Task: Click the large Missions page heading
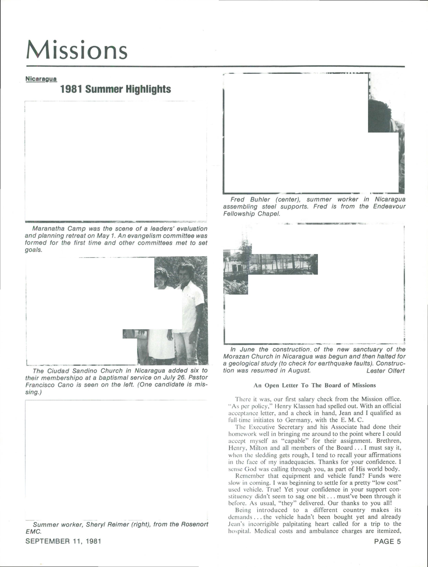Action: (77, 50)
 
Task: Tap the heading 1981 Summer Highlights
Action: (115, 89)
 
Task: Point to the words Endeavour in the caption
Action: (389, 207)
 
